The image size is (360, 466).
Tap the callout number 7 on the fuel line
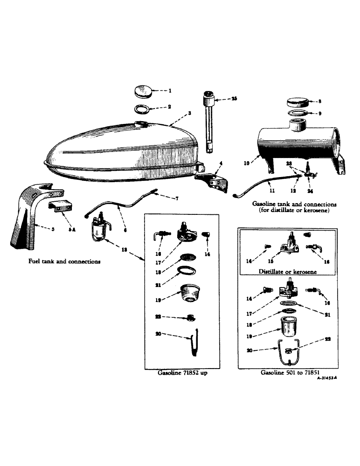164,199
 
